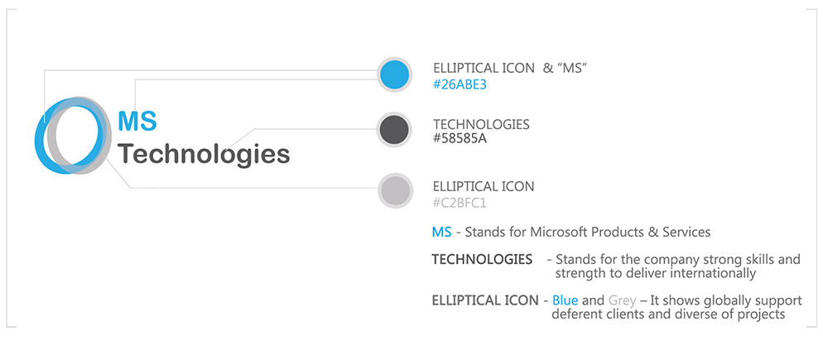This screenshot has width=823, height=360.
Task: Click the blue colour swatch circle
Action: (394, 74)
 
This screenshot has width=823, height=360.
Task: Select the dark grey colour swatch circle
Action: (394, 130)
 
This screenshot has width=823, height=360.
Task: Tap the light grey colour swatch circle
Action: (394, 190)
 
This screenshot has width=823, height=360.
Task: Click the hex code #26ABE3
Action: (460, 85)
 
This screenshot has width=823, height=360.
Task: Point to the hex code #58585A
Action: (460, 140)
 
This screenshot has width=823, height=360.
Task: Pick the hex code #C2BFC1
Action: (460, 203)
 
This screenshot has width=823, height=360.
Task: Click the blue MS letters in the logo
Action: (137, 120)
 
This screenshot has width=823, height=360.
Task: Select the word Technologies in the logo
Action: (204, 155)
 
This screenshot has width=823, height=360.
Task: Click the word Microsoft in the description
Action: (560, 232)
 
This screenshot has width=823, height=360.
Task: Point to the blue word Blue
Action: (566, 300)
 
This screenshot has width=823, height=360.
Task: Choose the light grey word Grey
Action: (623, 300)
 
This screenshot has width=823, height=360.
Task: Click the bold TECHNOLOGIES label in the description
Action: (482, 259)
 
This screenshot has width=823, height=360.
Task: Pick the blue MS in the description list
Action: (442, 232)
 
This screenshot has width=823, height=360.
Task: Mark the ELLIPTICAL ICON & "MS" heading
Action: (508, 68)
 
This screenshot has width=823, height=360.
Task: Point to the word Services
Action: (686, 232)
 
